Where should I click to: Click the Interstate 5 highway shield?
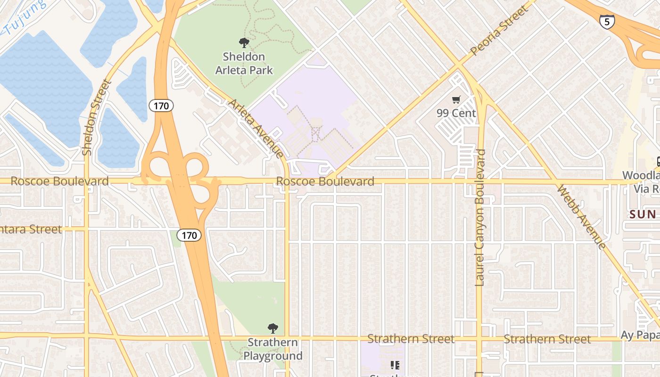607,21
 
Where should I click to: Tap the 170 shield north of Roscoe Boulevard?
161,106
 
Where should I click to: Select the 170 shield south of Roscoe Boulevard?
190,235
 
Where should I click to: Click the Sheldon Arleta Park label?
244,64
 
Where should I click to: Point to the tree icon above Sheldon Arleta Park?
244,43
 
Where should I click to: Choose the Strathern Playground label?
273,349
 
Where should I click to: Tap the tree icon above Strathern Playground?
272,328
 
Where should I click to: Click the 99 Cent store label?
456,113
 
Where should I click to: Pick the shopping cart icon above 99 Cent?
456,99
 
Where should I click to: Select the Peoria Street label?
499,31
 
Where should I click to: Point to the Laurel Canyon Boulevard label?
480,218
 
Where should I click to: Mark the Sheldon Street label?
96,117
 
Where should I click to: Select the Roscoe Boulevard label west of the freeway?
59,181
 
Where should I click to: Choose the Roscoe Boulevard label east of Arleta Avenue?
325,181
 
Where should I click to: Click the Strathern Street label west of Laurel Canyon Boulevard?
411,339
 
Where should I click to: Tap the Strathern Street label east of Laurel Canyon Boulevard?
547,339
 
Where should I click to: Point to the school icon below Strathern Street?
395,365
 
